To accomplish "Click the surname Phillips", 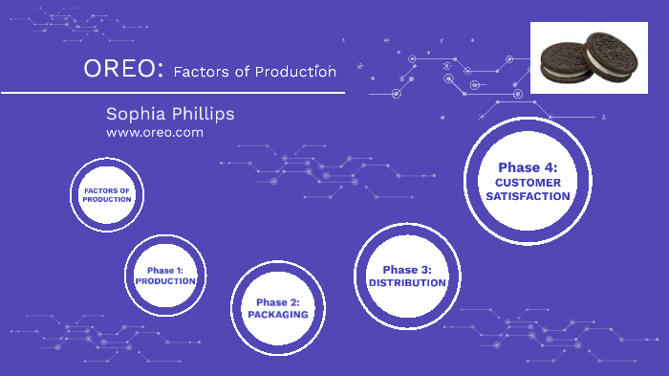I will (204, 114).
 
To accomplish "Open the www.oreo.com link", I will (155, 133).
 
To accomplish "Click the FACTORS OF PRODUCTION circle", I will (106, 194).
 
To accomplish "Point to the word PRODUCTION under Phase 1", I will (165, 281).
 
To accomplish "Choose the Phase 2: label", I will (277, 301).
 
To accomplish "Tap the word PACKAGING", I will (277, 314).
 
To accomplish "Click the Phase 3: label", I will (407, 270).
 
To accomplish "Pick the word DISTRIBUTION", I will (407, 283).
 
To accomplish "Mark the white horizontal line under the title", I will (172, 93).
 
